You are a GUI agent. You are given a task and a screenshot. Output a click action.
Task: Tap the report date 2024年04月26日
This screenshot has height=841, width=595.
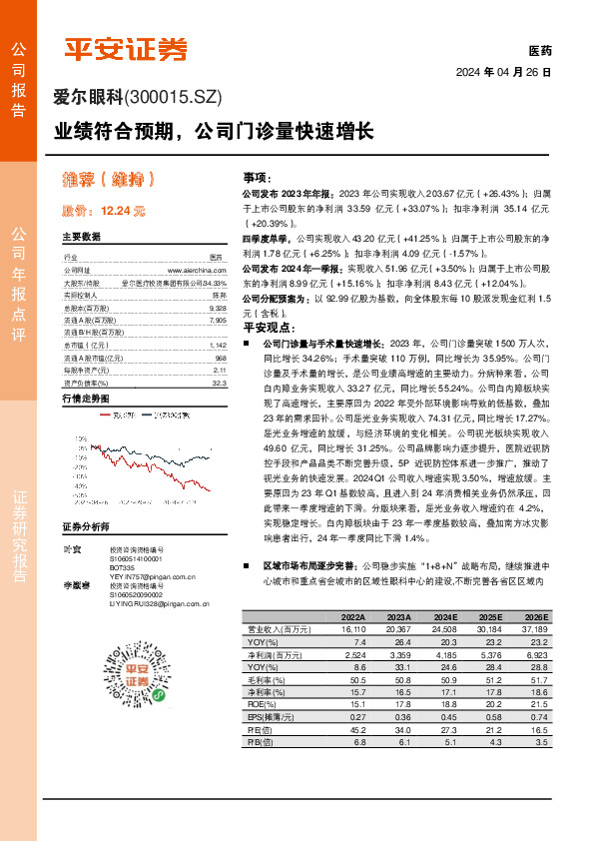503,72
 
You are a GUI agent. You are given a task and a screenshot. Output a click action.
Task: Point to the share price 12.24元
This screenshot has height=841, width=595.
104,211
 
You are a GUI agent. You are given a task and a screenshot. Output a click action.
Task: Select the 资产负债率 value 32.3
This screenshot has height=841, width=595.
220,383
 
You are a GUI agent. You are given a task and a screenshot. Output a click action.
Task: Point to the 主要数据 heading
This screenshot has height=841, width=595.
82,238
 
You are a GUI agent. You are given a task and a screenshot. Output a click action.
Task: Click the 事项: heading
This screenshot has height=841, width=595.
258,176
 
